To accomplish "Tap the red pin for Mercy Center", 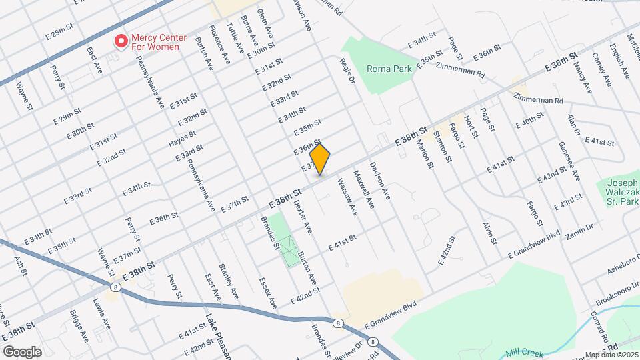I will point(121,41).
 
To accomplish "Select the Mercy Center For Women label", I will point(159,42).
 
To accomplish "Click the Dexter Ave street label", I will point(303,216).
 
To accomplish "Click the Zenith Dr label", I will point(578,231).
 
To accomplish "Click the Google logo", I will point(22,351).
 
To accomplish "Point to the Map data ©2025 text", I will point(611,355).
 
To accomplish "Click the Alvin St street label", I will point(490,231).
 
